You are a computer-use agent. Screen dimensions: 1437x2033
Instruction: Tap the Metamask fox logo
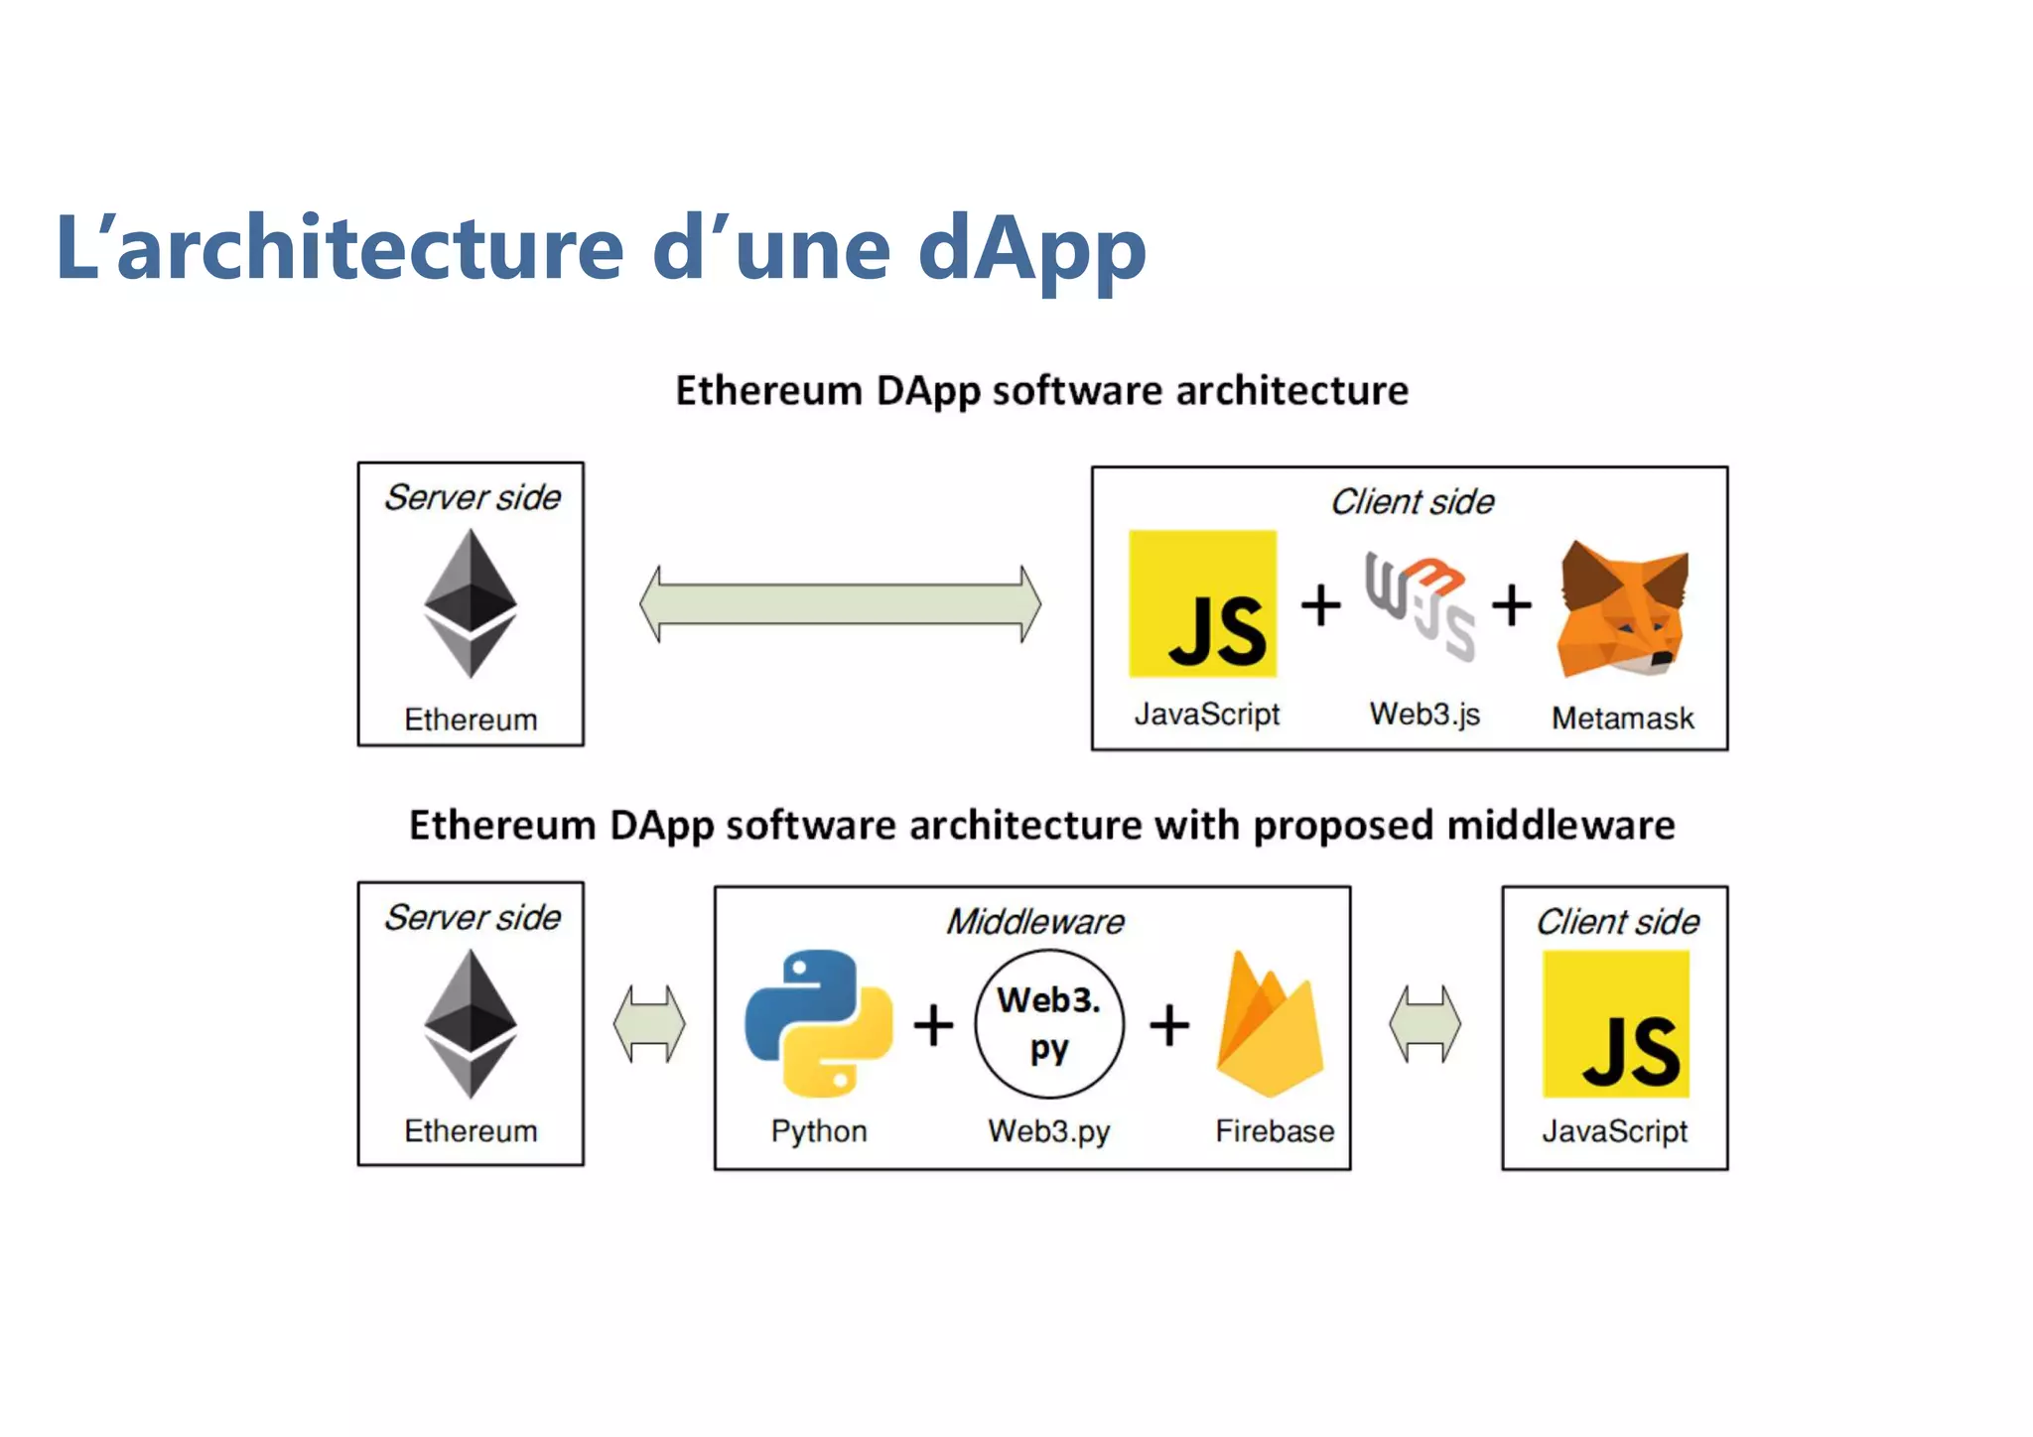click(1622, 609)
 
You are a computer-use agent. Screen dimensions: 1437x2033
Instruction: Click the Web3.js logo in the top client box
click(1420, 605)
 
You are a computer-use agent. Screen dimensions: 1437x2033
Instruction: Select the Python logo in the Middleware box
click(818, 1023)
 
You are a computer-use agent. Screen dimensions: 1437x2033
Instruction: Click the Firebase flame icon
click(1270, 1026)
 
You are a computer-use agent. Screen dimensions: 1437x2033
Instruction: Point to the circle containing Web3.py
click(1049, 1024)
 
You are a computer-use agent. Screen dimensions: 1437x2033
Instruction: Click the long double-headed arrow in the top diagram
click(840, 603)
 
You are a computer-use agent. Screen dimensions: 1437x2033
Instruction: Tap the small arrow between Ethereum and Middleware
click(649, 1024)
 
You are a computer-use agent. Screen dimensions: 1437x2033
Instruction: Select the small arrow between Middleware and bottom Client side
click(1424, 1024)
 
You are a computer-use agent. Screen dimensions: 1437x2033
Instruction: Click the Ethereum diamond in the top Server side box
click(471, 603)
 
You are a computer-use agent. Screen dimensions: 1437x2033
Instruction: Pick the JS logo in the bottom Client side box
click(1615, 1024)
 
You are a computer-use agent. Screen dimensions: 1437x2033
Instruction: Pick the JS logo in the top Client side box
click(1202, 603)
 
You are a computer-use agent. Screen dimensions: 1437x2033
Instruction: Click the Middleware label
click(1034, 922)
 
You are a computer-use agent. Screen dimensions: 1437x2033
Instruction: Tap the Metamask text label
click(1622, 718)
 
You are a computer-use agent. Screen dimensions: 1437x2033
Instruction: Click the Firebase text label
click(1275, 1131)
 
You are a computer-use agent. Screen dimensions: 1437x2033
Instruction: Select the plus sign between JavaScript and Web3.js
click(1320, 604)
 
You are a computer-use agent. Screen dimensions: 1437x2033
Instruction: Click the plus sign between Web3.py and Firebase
click(1169, 1025)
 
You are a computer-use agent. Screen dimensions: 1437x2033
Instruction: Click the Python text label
click(819, 1131)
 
